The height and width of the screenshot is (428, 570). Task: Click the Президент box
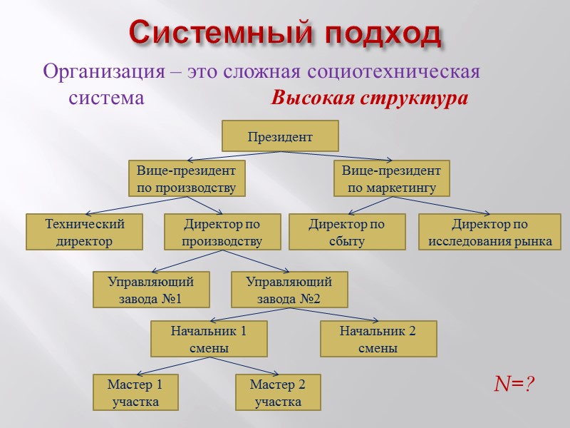[280, 136]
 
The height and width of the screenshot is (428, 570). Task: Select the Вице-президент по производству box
[186, 179]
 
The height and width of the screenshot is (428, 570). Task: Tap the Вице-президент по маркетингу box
[391, 179]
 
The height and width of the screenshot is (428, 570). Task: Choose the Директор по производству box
[222, 233]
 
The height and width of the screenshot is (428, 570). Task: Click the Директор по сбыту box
[346, 233]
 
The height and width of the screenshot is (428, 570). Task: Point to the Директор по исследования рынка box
[489, 233]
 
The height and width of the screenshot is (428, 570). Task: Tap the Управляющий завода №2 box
[289, 290]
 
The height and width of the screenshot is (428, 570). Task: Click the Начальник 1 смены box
[209, 339]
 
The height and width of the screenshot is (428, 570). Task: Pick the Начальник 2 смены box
[378, 339]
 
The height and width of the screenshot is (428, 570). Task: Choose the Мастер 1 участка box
[135, 393]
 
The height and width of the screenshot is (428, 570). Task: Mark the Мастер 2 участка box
[278, 393]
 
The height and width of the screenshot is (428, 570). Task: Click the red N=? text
[514, 384]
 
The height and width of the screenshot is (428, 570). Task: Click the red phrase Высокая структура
[369, 98]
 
